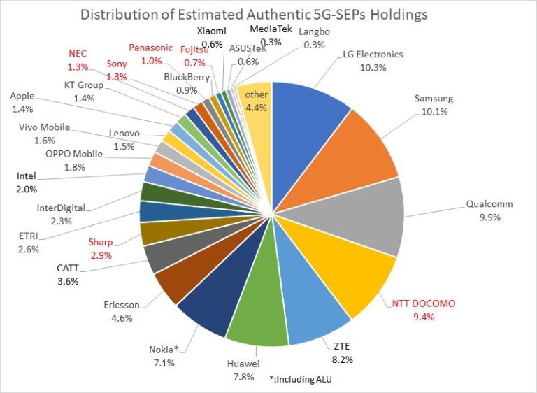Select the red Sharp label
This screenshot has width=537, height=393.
point(99,242)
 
